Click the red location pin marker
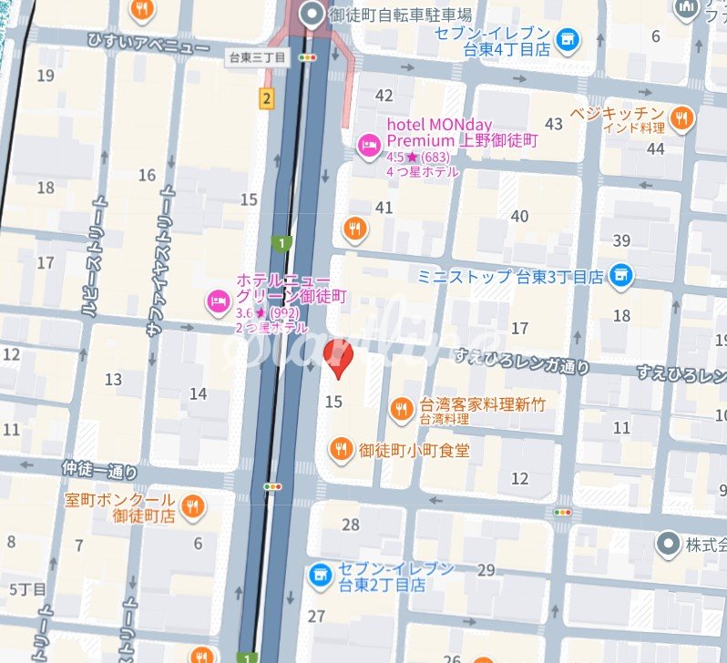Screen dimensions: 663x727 coord(338,358)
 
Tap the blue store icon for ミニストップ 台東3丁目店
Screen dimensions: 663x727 coord(621,275)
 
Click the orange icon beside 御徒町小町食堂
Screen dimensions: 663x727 coord(341,448)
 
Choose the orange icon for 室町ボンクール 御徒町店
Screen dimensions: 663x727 coord(192,506)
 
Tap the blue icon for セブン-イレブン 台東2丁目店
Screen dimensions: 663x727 coord(319,575)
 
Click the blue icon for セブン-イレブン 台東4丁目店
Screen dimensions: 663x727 coord(568,39)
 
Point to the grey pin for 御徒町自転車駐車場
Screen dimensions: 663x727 coord(313,15)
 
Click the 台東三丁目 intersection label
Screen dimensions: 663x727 coord(257,57)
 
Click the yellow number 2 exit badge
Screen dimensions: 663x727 coord(266,98)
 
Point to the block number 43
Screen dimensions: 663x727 coord(553,124)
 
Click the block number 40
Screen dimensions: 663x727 coord(520,216)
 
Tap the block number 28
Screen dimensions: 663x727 coord(351,525)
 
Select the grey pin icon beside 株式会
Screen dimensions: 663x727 coord(669,545)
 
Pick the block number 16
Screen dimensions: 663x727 coord(147,175)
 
